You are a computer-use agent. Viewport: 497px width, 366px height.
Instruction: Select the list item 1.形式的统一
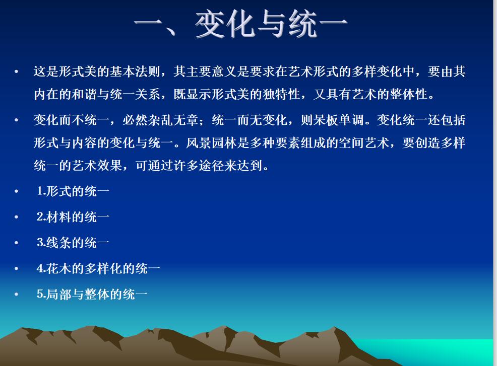(x=73, y=191)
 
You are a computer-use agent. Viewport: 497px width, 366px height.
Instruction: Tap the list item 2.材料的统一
(x=73, y=217)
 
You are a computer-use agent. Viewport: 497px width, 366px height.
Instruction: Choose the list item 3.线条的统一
(x=73, y=243)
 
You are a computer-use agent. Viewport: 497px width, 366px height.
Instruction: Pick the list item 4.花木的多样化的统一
(x=98, y=268)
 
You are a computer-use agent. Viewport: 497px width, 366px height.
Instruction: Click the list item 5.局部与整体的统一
(x=92, y=295)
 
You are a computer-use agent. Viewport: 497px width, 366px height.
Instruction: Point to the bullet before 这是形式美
(x=17, y=71)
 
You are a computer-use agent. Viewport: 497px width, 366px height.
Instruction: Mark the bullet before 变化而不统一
(x=17, y=120)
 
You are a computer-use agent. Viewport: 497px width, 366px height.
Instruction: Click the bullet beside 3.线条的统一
(x=17, y=243)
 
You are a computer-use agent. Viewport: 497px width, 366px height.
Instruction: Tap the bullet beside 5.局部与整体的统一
(x=17, y=295)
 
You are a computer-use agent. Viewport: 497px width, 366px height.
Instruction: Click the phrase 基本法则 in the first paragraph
(x=135, y=71)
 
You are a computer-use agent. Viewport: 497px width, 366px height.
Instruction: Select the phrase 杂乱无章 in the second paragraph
(x=173, y=120)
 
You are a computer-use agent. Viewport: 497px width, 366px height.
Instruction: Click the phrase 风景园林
(x=211, y=143)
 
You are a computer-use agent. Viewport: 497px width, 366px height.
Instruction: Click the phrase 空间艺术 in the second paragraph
(x=364, y=143)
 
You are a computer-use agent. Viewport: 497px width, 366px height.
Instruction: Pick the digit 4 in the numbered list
(x=40, y=268)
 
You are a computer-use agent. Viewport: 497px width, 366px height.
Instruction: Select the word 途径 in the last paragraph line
(x=211, y=165)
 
